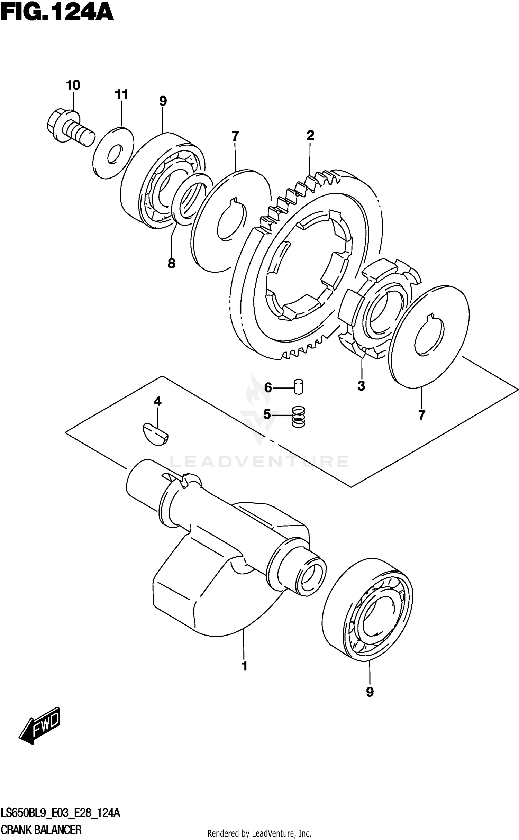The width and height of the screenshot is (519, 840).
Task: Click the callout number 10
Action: pyautogui.click(x=73, y=85)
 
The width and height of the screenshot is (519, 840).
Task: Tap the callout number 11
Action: pyautogui.click(x=121, y=94)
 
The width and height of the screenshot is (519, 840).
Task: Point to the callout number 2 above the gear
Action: pyautogui.click(x=310, y=135)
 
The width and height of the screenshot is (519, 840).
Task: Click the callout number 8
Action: pyautogui.click(x=171, y=264)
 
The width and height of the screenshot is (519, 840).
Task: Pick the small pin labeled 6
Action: pyautogui.click(x=298, y=386)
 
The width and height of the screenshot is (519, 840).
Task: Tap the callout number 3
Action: pyautogui.click(x=361, y=386)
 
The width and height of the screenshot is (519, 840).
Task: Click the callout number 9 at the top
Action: pyautogui.click(x=163, y=101)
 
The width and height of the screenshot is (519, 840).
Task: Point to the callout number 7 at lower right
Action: pyautogui.click(x=421, y=415)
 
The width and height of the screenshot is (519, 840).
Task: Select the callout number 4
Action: pyautogui.click(x=157, y=401)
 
